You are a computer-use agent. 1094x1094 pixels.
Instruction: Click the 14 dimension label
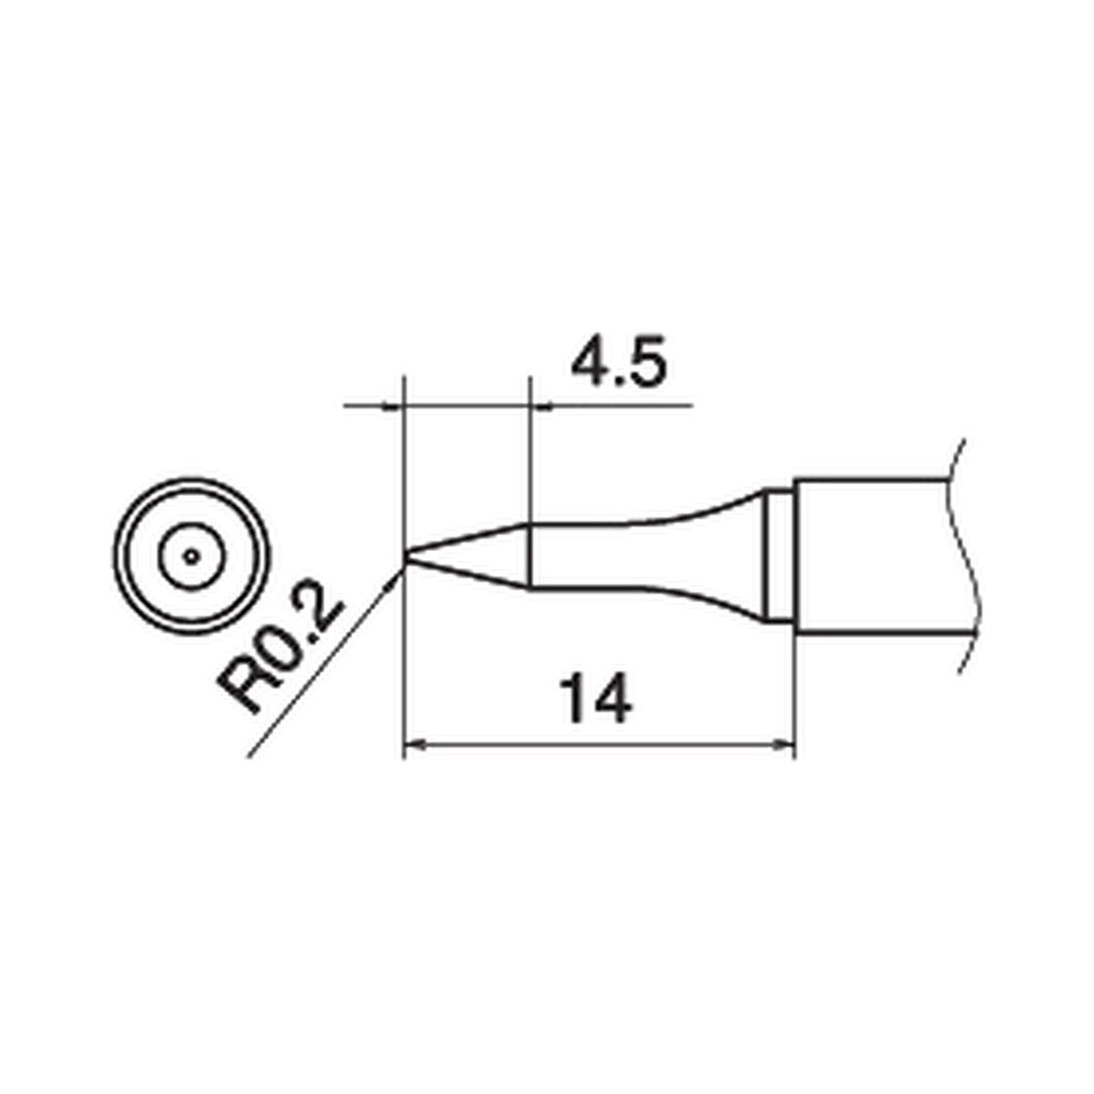[x=595, y=698]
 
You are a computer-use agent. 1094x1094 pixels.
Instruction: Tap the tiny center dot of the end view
[x=191, y=557]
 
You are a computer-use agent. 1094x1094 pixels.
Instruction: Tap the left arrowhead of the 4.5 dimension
[x=392, y=406]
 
